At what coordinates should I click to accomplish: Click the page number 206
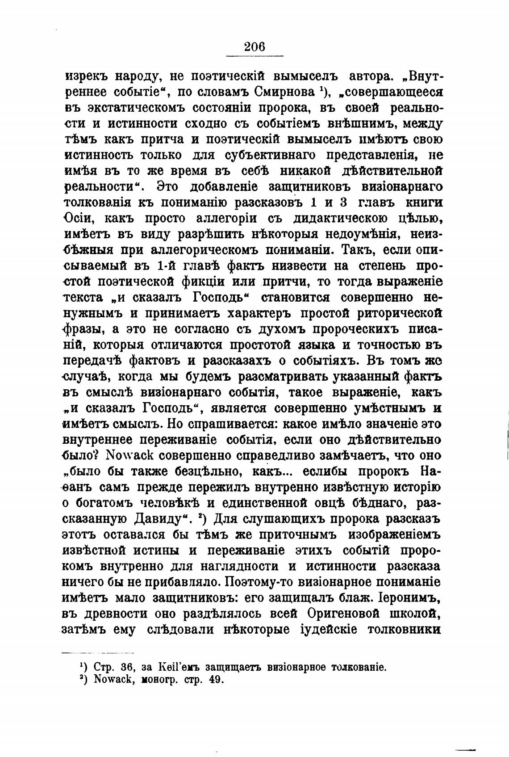coord(254,46)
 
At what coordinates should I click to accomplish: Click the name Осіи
coord(79,219)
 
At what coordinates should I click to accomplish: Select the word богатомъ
coord(106,504)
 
